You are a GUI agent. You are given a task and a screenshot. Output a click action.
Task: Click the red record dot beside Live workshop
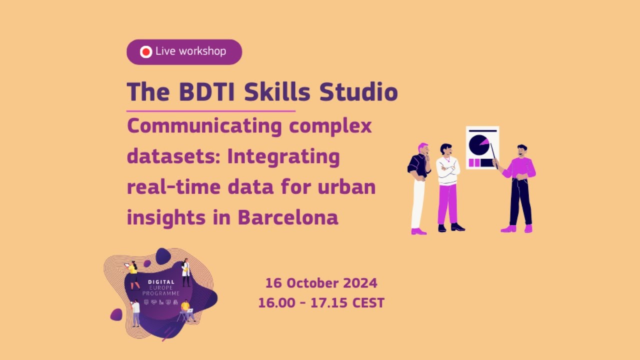pyautogui.click(x=146, y=52)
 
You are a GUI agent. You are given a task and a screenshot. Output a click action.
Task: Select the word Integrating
pyautogui.click(x=283, y=157)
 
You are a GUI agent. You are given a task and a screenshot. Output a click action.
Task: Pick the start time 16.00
pyautogui.click(x=274, y=303)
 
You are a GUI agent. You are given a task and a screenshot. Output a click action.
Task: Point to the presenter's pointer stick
pyautogui.click(x=493, y=152)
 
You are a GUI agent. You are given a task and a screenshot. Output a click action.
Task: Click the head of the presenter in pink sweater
pyautogui.click(x=522, y=150)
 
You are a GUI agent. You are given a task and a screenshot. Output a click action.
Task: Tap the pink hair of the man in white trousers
pyautogui.click(x=423, y=146)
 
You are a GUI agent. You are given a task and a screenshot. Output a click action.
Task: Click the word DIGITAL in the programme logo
pyautogui.click(x=161, y=282)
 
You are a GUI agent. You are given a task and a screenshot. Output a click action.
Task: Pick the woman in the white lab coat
pyautogui.click(x=186, y=272)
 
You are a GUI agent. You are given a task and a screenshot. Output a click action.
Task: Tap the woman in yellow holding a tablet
pyautogui.click(x=133, y=274)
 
